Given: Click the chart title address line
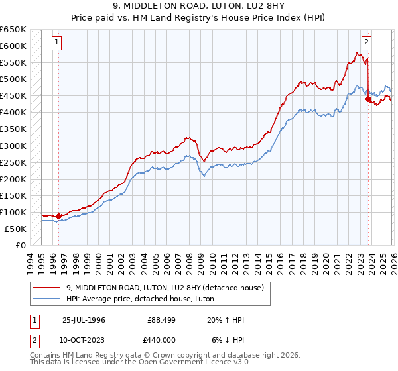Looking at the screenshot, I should [198, 6].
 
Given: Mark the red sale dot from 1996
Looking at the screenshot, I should [58, 215].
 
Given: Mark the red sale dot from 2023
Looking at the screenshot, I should [368, 99].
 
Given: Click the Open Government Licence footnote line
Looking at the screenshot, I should [137, 364].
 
